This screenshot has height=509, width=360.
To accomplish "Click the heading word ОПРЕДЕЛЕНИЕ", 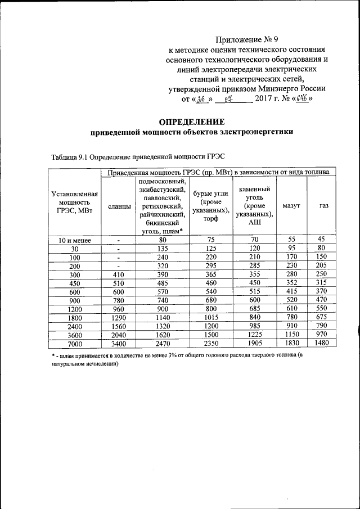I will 192,121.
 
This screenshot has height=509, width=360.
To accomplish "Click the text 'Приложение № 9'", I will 247,40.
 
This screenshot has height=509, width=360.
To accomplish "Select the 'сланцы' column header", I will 119,206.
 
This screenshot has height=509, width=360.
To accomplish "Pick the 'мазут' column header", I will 291,206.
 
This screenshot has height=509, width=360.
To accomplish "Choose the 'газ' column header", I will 323,206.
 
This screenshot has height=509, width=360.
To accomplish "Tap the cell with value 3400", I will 119,344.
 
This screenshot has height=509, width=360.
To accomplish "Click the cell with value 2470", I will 163,344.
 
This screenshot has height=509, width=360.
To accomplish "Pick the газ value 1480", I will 321,344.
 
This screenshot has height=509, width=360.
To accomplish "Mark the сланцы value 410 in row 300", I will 119,274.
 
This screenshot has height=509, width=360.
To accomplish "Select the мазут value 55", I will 291,240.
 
